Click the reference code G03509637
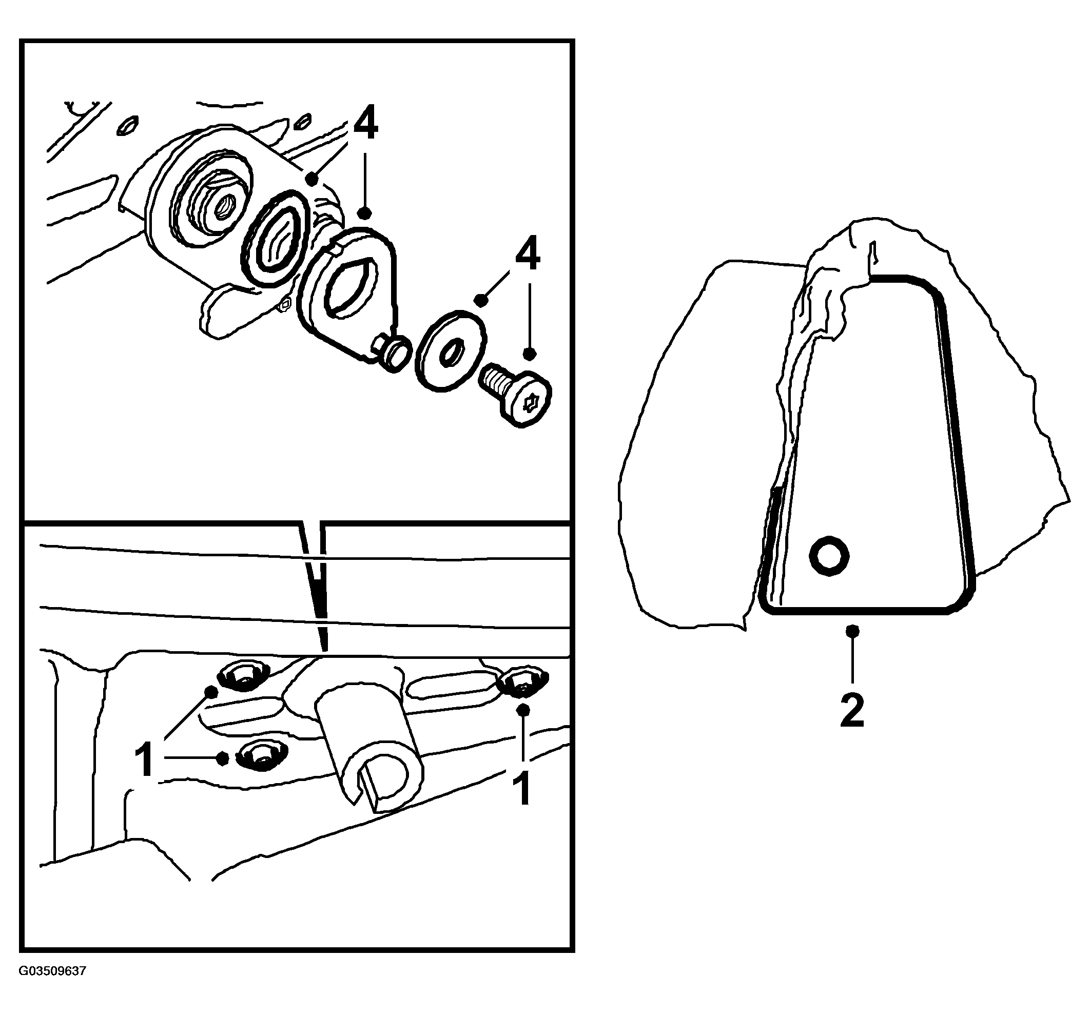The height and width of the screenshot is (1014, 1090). click(53, 971)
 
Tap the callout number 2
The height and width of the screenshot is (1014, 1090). click(852, 711)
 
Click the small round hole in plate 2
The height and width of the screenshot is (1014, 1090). click(829, 556)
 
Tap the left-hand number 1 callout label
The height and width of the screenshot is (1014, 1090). click(144, 759)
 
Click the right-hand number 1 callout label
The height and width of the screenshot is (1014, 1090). click(522, 788)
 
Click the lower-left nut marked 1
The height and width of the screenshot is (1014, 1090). click(262, 755)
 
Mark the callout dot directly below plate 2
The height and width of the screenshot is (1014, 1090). click(852, 631)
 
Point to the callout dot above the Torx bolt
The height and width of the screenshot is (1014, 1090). click(529, 354)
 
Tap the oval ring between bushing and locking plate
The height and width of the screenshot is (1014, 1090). click(275, 239)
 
